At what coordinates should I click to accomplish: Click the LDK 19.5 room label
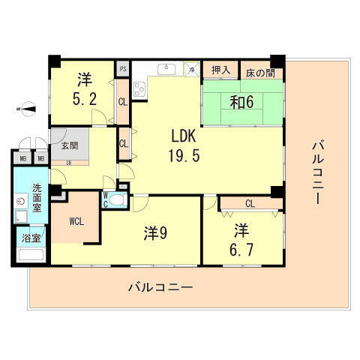pyautogui.click(x=185, y=147)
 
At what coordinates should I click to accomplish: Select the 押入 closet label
pyautogui.click(x=220, y=70)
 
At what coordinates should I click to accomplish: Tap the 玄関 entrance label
pyautogui.click(x=70, y=144)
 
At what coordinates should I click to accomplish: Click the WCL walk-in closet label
pyautogui.click(x=75, y=221)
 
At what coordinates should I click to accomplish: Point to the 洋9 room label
pyautogui.click(x=155, y=233)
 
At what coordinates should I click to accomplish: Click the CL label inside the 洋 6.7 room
pyautogui.click(x=249, y=202)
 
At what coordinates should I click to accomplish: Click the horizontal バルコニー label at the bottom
pyautogui.click(x=160, y=287)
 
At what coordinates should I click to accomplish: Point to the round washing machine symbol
pyautogui.click(x=19, y=202)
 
